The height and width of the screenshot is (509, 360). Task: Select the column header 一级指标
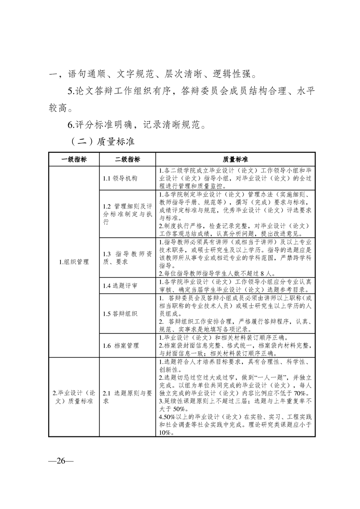point(74,160)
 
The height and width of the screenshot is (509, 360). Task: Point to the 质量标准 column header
point(235,160)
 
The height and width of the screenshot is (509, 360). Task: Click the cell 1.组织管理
point(74,262)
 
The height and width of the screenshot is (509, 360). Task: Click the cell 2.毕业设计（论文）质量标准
point(74,397)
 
